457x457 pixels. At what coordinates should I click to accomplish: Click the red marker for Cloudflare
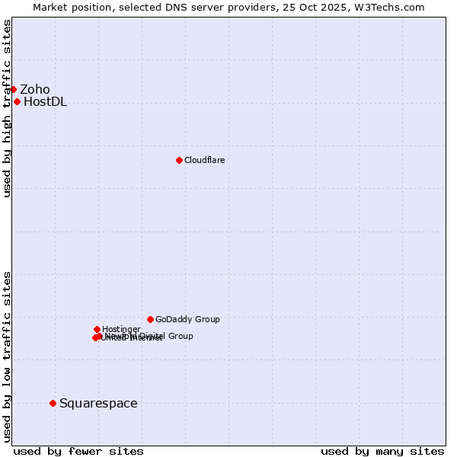tap(179, 160)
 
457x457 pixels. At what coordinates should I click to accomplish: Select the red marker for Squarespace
tap(53, 403)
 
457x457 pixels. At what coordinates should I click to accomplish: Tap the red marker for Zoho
tap(13, 89)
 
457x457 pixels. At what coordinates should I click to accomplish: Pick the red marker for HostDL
tap(17, 101)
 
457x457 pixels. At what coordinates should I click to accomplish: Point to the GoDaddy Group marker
tap(150, 319)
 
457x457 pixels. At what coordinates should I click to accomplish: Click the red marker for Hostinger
tap(97, 329)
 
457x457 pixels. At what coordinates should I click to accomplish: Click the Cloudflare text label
tap(204, 160)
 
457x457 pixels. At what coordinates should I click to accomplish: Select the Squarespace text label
tap(98, 403)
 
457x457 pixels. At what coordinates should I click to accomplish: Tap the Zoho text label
tap(35, 89)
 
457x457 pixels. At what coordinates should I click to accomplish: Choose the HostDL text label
tap(45, 102)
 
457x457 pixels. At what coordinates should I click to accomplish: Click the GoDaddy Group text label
tap(187, 319)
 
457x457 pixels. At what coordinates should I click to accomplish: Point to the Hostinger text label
tap(121, 329)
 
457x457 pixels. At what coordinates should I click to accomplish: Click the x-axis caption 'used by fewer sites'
tap(78, 451)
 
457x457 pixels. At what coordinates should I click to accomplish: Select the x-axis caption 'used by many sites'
tap(382, 451)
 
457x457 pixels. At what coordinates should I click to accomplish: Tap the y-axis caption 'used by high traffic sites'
tap(7, 108)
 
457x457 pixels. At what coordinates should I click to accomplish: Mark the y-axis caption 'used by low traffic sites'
tap(7, 356)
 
